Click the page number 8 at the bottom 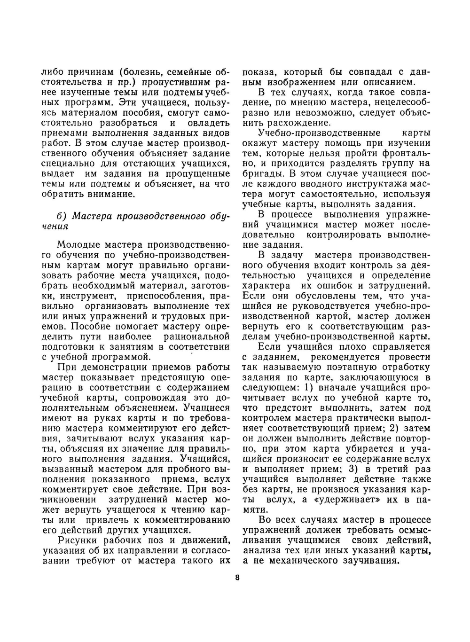click(237, 577)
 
